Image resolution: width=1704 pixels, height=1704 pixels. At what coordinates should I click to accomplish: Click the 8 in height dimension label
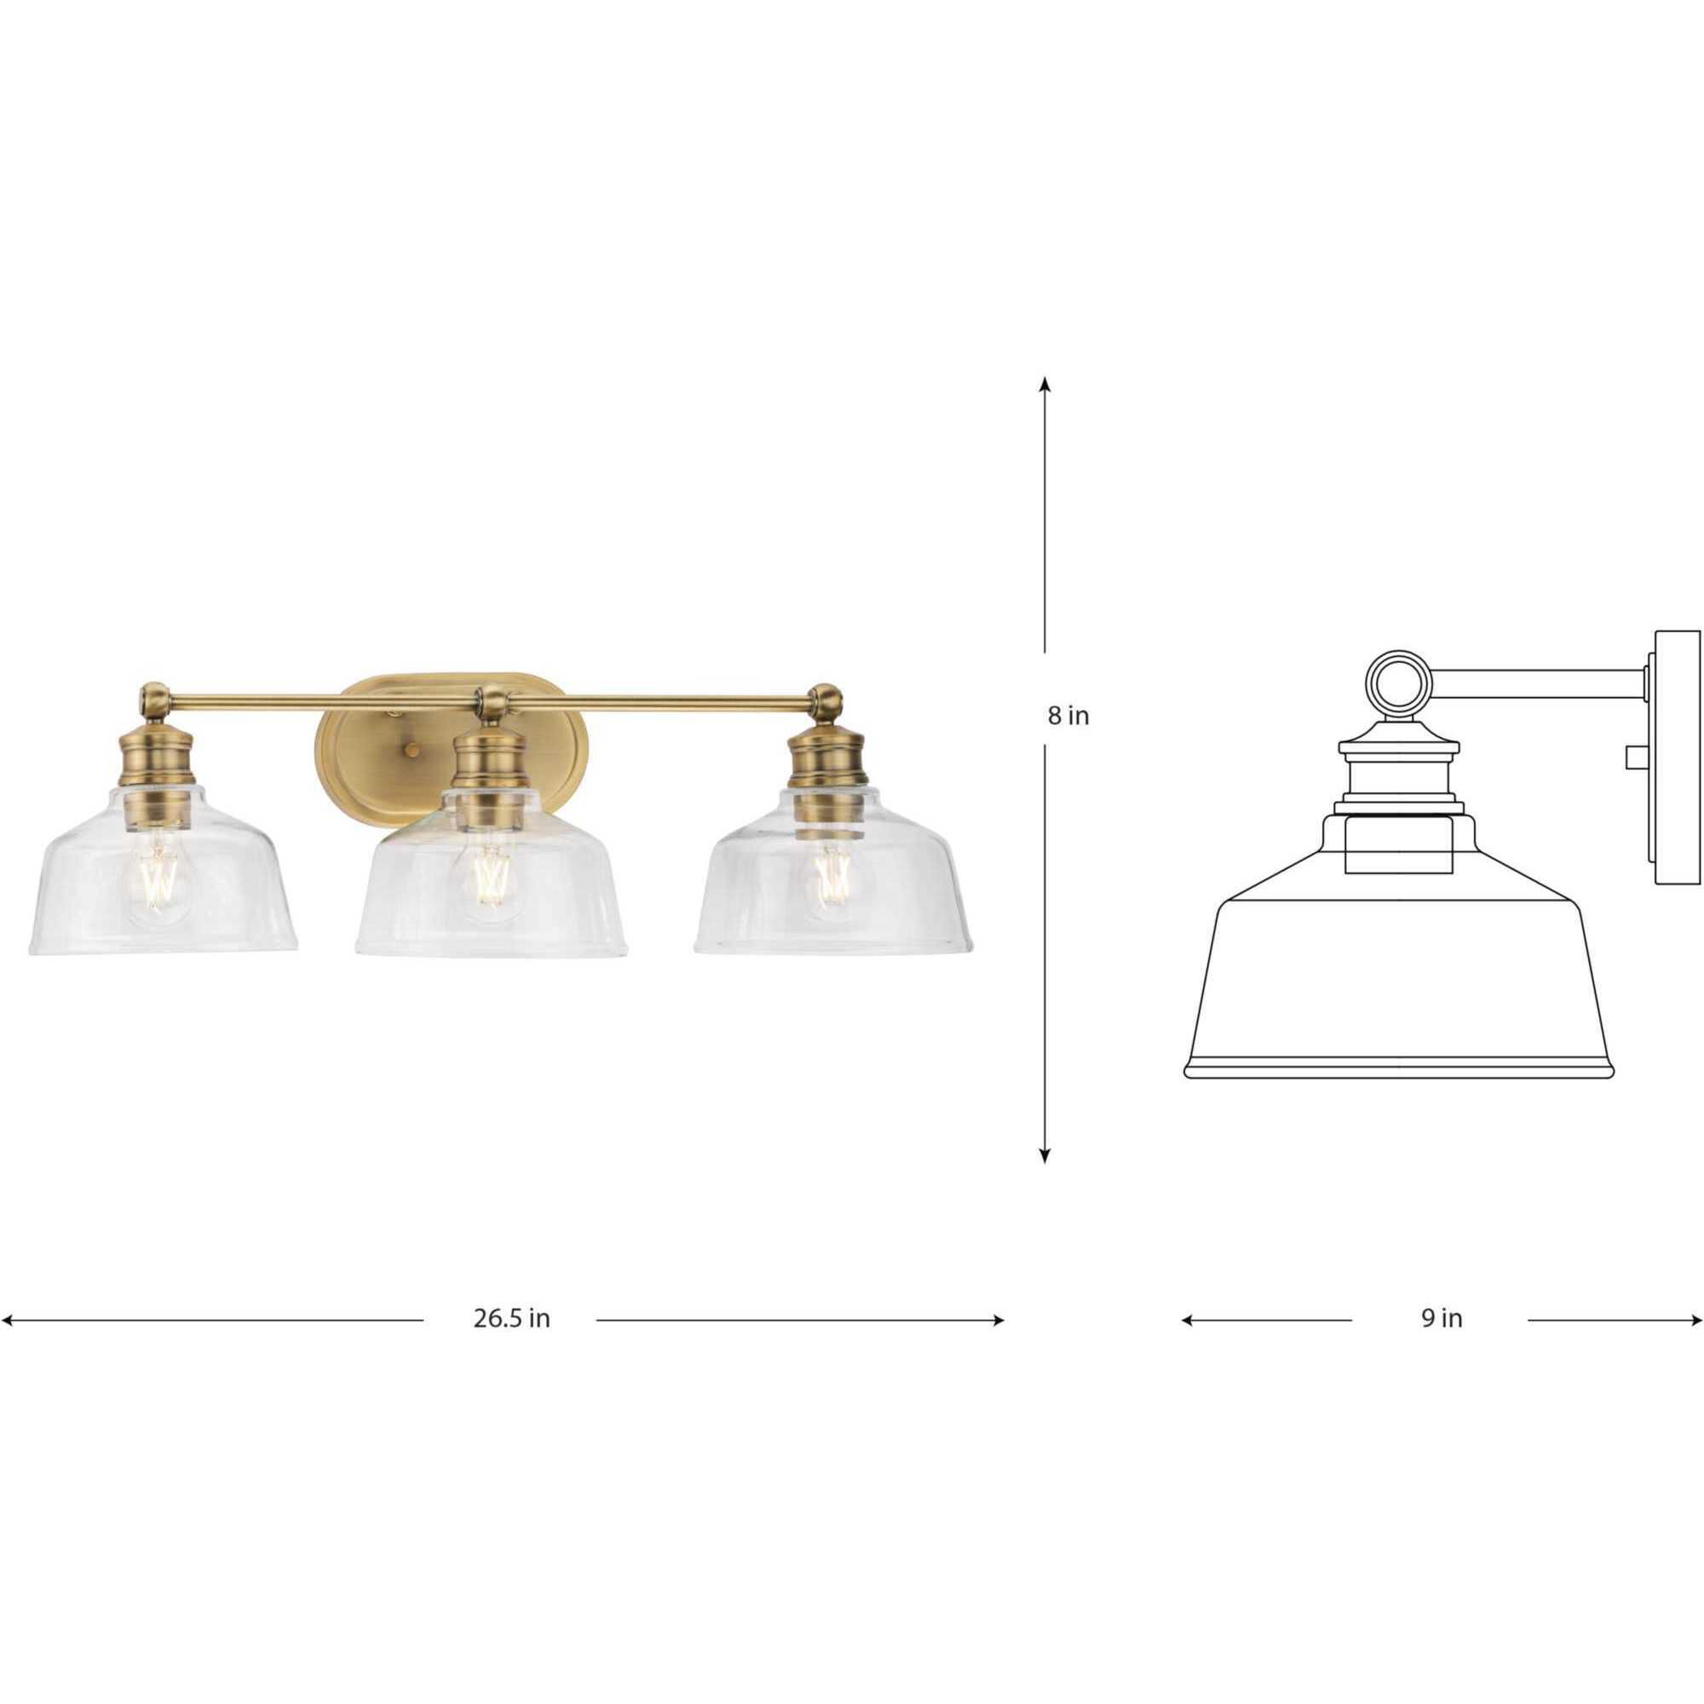click(x=1068, y=717)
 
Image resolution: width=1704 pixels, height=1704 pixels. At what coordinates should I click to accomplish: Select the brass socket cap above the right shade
click(x=826, y=754)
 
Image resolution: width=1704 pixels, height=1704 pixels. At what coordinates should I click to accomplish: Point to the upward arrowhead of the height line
click(x=1045, y=384)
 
